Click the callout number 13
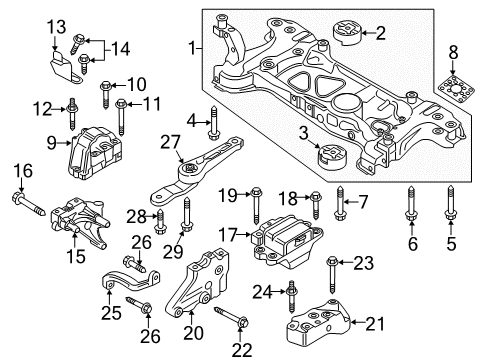pos(56,27)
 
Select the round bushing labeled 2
pos(347,32)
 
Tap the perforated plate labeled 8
pos(456,89)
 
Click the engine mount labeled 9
pos(94,153)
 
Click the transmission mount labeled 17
pos(288,241)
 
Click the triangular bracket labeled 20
pos(199,284)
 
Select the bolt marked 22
pos(231,317)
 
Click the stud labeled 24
pos(292,297)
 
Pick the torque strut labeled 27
pos(197,170)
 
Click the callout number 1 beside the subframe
pos(192,48)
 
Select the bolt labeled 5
pos(450,204)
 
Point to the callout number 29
pos(173,251)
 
